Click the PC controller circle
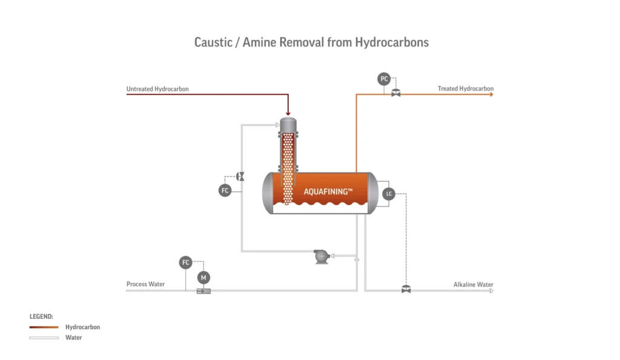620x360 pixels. [384, 79]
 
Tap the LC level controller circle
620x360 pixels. [389, 194]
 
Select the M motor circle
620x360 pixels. [203, 277]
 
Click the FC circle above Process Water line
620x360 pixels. [185, 263]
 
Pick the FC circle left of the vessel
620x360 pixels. [225, 191]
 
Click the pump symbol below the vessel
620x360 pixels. [320, 257]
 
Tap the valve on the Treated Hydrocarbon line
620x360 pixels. [396, 94]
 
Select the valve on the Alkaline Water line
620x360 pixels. [406, 290]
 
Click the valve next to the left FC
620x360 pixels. [240, 176]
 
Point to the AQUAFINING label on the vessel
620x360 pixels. [328, 192]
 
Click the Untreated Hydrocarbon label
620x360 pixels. [157, 89]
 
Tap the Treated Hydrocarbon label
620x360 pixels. [466, 89]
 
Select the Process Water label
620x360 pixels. [145, 284]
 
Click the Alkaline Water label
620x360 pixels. [473, 284]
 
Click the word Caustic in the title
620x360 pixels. [212, 42]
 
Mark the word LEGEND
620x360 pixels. [41, 316]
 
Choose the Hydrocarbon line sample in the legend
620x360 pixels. [44, 327]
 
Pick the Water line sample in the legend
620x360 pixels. [44, 338]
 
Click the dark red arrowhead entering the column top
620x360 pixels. [288, 112]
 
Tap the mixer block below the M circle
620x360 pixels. [203, 291]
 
